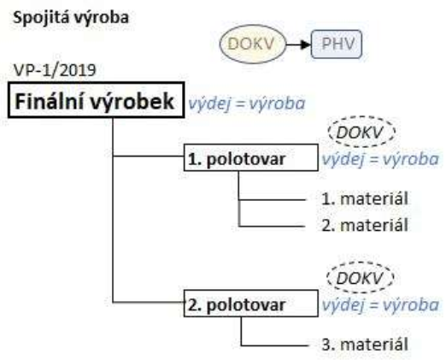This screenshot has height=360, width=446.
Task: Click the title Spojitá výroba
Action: tap(71, 18)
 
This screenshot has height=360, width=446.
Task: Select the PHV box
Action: tap(337, 44)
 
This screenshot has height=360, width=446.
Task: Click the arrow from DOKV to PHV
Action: tap(298, 44)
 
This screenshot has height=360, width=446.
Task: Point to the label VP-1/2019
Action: tap(55, 70)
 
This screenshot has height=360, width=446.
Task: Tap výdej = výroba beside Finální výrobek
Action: tap(247, 103)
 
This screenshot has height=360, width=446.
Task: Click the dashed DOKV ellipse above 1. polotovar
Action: tap(361, 117)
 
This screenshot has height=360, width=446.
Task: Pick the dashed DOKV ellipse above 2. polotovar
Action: tap(361, 263)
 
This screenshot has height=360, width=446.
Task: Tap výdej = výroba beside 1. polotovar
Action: tap(380, 159)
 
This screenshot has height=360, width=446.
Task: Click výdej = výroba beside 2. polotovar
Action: tap(380, 304)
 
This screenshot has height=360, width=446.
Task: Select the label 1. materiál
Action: tap(365, 198)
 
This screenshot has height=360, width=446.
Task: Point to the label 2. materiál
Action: tap(365, 225)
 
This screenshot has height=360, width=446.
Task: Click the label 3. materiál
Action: tap(365, 344)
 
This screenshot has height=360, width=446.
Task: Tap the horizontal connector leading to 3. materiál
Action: tap(274, 345)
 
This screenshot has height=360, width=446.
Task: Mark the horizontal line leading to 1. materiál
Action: tap(272, 200)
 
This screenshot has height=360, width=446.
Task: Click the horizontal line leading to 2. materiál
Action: tap(272, 227)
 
